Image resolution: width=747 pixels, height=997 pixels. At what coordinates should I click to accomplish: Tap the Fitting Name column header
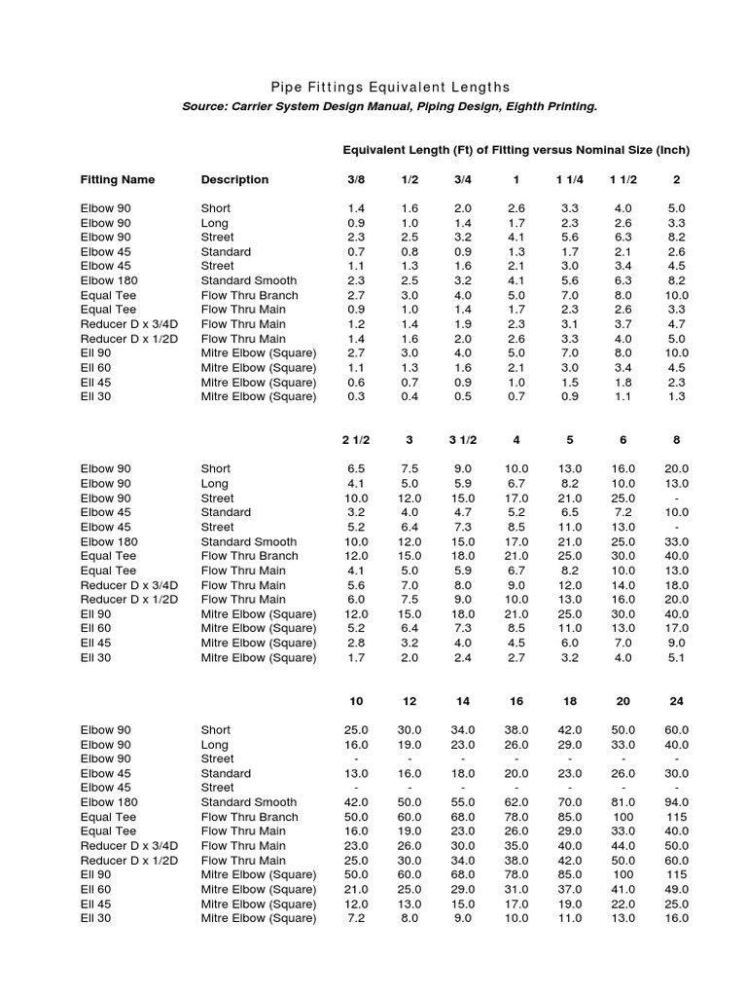pyautogui.click(x=117, y=179)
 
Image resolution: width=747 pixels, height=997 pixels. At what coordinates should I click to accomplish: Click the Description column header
pyautogui.click(x=234, y=179)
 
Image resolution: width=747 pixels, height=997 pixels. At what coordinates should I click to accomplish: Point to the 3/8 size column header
pyautogui.click(x=357, y=179)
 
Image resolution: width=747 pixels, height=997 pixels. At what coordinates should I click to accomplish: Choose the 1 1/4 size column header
pyautogui.click(x=570, y=179)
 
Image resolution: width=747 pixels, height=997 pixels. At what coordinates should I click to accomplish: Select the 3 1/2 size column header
pyautogui.click(x=462, y=439)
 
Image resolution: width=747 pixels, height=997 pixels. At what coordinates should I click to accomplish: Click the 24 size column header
pyautogui.click(x=676, y=700)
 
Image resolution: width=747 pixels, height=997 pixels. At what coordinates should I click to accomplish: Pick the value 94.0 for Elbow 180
pyautogui.click(x=676, y=802)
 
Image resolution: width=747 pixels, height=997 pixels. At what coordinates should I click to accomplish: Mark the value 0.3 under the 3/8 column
pyautogui.click(x=357, y=396)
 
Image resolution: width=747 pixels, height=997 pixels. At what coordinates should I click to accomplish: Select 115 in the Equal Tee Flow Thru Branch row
pyautogui.click(x=676, y=817)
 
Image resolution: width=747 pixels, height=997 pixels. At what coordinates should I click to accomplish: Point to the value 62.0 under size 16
pyautogui.click(x=516, y=802)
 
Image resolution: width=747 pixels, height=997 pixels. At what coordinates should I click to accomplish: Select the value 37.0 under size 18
pyautogui.click(x=570, y=889)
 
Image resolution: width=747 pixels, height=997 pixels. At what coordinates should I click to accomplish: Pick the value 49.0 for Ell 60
pyautogui.click(x=676, y=889)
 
